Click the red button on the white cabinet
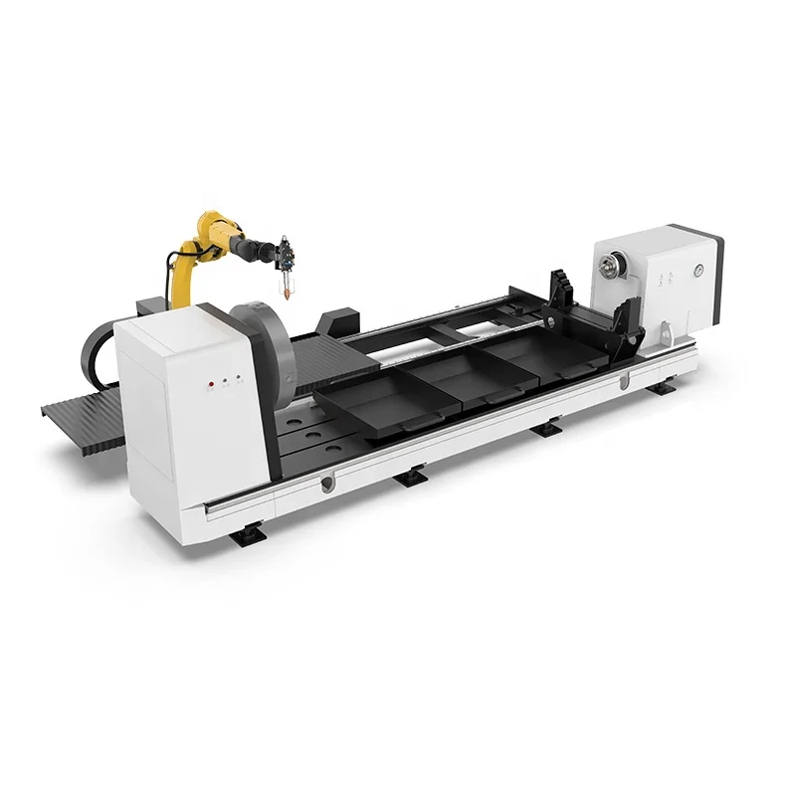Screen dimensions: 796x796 pos(210,381)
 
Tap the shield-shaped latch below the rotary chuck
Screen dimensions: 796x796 pos(325,484)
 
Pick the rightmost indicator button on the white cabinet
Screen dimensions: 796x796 pos(239,378)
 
